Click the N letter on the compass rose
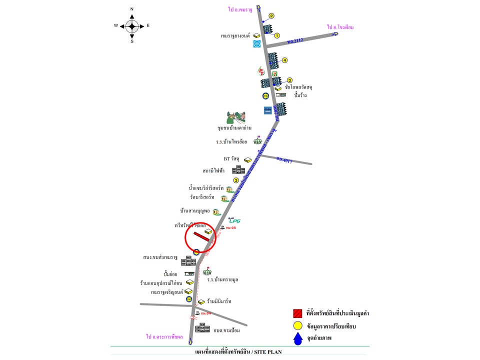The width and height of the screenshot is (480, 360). tap(132, 9)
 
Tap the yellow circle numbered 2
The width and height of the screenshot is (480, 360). tap(271, 15)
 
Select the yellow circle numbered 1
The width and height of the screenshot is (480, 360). tap(276, 35)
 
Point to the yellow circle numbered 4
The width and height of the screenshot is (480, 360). tap(284, 60)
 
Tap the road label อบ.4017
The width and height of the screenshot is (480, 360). tap(284, 160)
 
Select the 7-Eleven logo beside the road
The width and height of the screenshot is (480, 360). tap(274, 73)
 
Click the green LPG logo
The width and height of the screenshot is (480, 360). tap(235, 219)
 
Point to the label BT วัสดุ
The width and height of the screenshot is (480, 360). tap(232, 159)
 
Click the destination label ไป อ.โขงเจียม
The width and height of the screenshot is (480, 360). tap(340, 27)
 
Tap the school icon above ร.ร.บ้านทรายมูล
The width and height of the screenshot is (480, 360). tap(206, 271)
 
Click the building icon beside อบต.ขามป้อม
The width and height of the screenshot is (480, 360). tap(202, 327)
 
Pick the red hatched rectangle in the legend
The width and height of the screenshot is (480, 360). tap(298, 313)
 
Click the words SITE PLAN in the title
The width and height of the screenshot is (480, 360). tap(268, 352)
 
